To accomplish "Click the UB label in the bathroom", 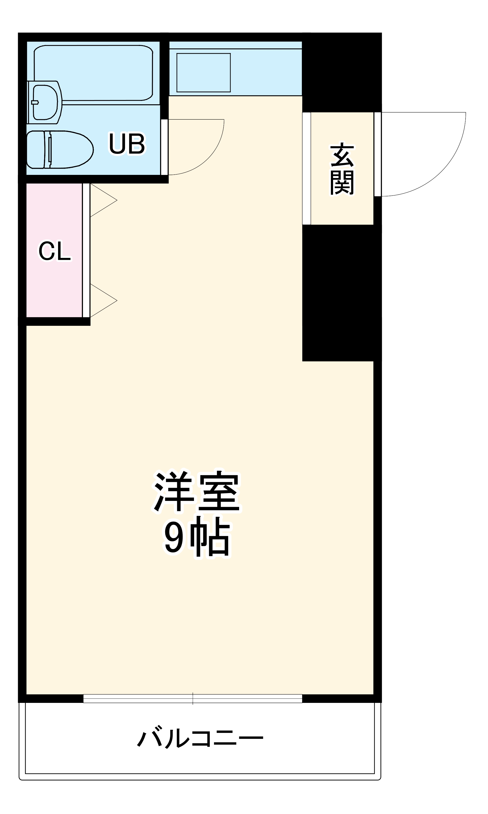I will (127, 144).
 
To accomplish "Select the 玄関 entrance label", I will (342, 169).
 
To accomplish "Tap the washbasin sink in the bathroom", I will (45, 102).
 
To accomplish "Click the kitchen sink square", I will (203, 73).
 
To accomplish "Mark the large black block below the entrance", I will (342, 293).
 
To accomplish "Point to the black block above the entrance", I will (342, 73).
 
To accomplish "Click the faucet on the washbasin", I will (35, 102).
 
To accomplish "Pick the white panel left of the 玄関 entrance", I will (306, 169).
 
